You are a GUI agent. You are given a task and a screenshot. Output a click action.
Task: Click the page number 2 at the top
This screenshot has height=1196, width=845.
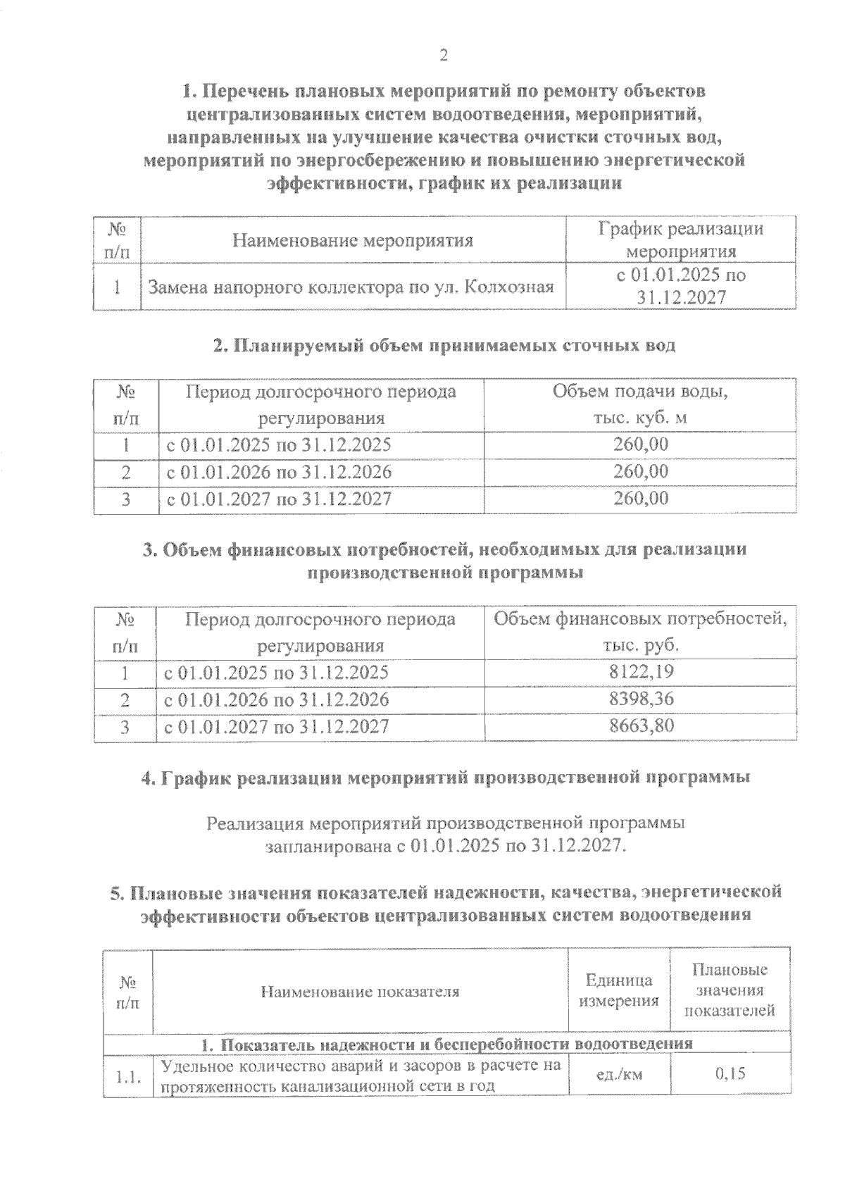coord(443,56)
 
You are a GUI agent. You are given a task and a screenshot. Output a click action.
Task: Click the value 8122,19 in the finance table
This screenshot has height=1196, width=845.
coord(641,672)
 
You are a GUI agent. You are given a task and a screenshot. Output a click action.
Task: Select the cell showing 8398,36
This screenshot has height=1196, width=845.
coord(641,699)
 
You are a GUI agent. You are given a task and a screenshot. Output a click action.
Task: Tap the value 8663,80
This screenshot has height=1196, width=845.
coord(641,725)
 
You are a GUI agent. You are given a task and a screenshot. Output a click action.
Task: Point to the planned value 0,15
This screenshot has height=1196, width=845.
coord(730,1073)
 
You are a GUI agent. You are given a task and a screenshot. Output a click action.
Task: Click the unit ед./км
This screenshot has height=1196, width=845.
coord(619,1073)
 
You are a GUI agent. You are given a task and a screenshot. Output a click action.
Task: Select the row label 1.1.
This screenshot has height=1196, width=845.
coord(128,1076)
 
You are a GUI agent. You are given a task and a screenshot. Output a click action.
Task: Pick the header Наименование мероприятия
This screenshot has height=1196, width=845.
coord(353,241)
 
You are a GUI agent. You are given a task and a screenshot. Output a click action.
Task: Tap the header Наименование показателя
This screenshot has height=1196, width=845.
coord(360,992)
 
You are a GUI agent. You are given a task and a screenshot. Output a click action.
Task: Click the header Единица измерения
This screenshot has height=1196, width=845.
coord(619,990)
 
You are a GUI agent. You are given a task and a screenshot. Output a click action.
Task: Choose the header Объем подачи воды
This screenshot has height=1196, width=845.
coord(639,392)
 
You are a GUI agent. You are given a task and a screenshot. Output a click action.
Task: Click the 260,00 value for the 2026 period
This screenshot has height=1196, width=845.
coord(640,471)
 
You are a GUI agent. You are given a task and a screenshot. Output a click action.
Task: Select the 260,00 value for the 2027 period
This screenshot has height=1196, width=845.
coord(640,499)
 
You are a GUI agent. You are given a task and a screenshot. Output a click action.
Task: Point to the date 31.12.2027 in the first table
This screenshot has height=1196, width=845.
coord(681,298)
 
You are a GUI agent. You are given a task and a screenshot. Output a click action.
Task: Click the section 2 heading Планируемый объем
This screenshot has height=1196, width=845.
coord(444,345)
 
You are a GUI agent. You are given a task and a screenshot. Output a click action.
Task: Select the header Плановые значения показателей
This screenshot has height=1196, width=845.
coord(730,990)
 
